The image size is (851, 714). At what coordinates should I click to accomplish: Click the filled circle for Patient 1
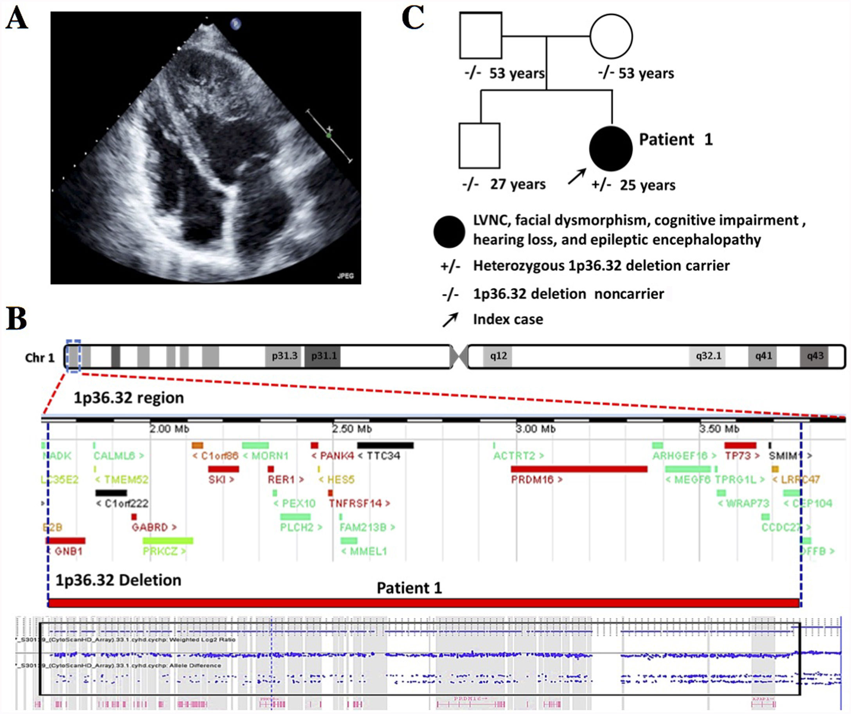pos(610,148)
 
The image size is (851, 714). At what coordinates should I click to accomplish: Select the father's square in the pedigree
pos(480,35)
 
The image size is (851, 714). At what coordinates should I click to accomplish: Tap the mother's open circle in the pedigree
pos(611,36)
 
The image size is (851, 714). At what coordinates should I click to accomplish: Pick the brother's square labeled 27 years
pos(479,145)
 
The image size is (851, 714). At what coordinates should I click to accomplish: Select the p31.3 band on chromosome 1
pos(284,356)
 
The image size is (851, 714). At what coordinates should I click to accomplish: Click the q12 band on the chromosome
pos(498,356)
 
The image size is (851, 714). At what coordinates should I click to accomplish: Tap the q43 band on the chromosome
pos(815,356)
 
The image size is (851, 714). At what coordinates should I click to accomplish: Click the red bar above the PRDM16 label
pos(579,469)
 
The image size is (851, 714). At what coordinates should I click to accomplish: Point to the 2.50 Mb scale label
pos(352,429)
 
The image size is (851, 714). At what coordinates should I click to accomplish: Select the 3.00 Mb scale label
pos(535,429)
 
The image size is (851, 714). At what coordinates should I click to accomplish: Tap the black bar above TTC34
pos(385,445)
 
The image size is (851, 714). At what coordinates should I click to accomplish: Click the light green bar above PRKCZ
pos(168,541)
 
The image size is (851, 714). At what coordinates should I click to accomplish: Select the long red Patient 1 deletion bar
pos(423,603)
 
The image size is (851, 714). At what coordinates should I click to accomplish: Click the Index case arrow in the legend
pos(450,319)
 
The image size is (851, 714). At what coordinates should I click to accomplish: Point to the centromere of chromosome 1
pos(459,356)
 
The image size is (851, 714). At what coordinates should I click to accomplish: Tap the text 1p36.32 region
pos(128,398)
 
